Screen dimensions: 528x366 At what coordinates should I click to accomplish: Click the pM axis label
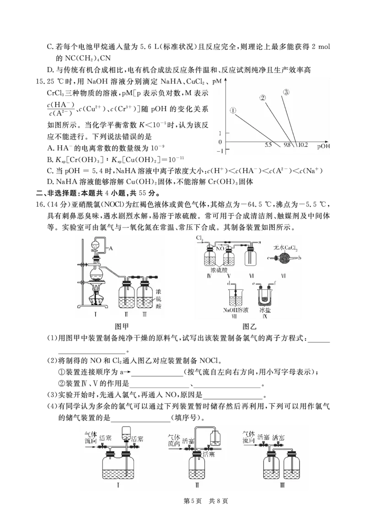click(217, 81)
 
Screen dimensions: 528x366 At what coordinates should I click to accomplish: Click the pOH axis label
click(323, 146)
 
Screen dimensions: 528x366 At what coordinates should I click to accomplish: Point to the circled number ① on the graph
click(233, 110)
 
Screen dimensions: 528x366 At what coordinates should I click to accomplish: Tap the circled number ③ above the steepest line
click(286, 92)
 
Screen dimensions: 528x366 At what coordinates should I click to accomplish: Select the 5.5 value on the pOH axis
click(269, 145)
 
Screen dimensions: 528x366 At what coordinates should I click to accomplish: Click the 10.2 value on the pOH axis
click(302, 145)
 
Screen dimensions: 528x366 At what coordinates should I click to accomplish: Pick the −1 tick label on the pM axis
click(220, 150)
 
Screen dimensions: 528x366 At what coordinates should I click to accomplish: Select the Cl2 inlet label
click(200, 238)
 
